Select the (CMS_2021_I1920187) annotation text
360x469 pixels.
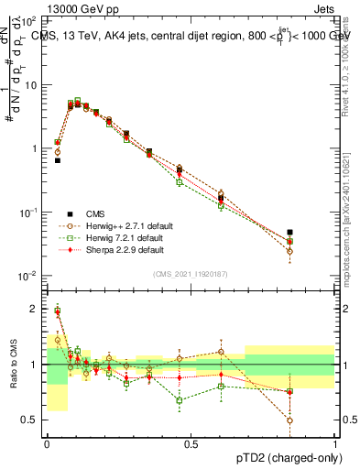point(190,274)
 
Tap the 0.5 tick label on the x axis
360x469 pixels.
point(191,443)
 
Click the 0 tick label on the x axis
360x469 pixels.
point(47,443)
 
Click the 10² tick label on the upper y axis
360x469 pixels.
point(29,20)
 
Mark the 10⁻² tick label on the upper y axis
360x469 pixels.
point(28,276)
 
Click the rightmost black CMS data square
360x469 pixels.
point(315,233)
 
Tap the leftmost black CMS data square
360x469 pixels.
point(57,160)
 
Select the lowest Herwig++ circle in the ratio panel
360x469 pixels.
point(315,420)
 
